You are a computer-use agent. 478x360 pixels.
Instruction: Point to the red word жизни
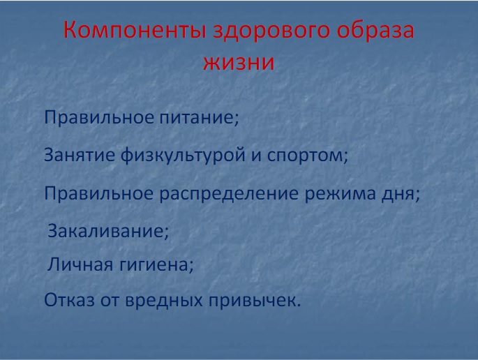[239, 63]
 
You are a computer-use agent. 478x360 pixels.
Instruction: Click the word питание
[199, 117]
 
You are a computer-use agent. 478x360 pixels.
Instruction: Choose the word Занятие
[80, 155]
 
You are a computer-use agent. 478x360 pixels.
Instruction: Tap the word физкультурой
[183, 156]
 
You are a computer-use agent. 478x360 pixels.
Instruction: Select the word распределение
[229, 194]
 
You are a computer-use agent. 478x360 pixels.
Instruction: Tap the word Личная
[80, 264]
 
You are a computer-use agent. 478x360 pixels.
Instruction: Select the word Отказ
[70, 300]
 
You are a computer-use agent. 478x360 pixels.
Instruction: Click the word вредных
[164, 301]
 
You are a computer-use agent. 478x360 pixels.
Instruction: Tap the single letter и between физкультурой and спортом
[256, 156]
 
